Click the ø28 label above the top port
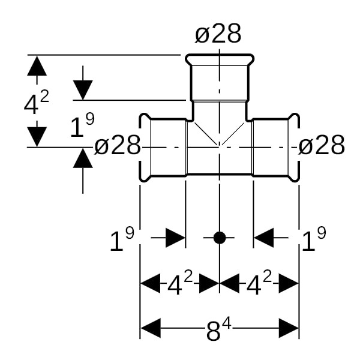(218, 34)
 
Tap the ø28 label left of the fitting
(118, 145)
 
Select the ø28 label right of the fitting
(322, 145)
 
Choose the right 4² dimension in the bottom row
(259, 283)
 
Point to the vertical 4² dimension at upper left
(36, 103)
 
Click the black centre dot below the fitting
(220, 238)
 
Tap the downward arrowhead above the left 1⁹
(83, 91)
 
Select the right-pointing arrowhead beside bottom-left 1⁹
(175, 238)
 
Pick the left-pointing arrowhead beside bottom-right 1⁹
(263, 238)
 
